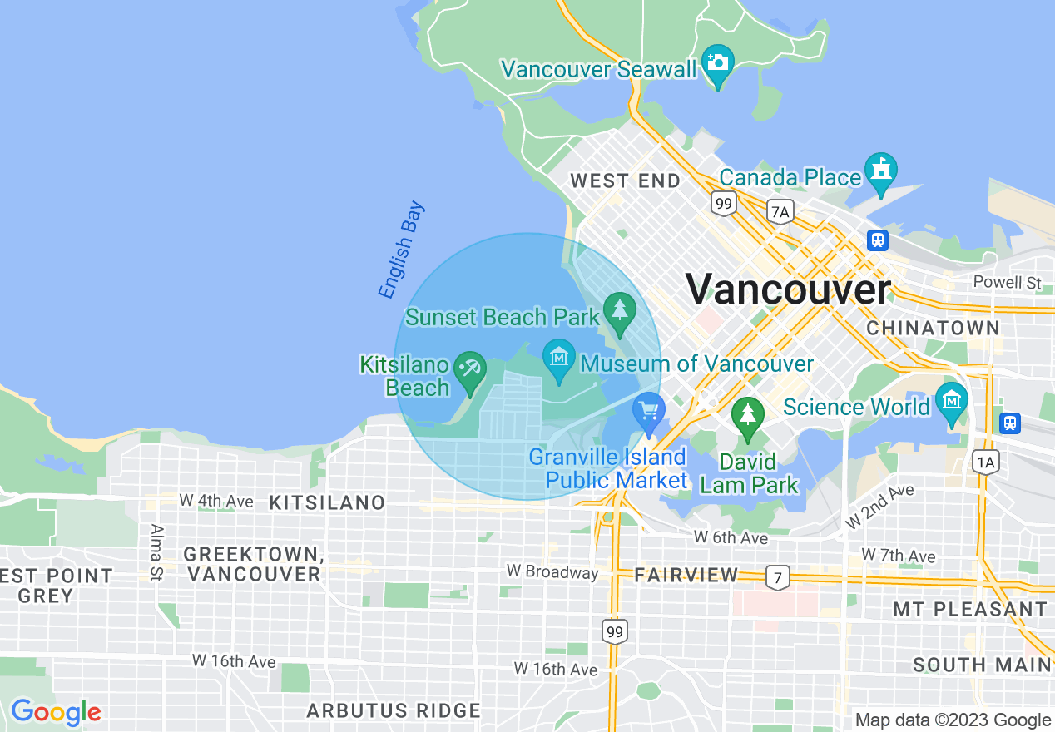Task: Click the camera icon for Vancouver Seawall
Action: pos(716,62)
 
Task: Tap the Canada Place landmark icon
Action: pos(879,169)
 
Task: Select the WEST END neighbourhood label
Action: pos(625,181)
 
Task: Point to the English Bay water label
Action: pos(401,250)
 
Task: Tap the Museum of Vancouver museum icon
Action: pos(559,358)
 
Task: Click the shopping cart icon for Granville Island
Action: pos(648,412)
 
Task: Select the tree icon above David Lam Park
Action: pos(748,414)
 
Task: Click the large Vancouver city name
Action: pos(788,289)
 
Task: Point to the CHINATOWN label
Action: pos(933,328)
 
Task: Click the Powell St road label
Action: pos(1008,283)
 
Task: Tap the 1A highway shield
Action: pos(985,462)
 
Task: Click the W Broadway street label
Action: pos(552,572)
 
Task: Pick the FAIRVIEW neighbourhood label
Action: pos(686,575)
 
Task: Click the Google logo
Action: pos(56,712)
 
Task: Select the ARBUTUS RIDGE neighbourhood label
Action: pos(394,710)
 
